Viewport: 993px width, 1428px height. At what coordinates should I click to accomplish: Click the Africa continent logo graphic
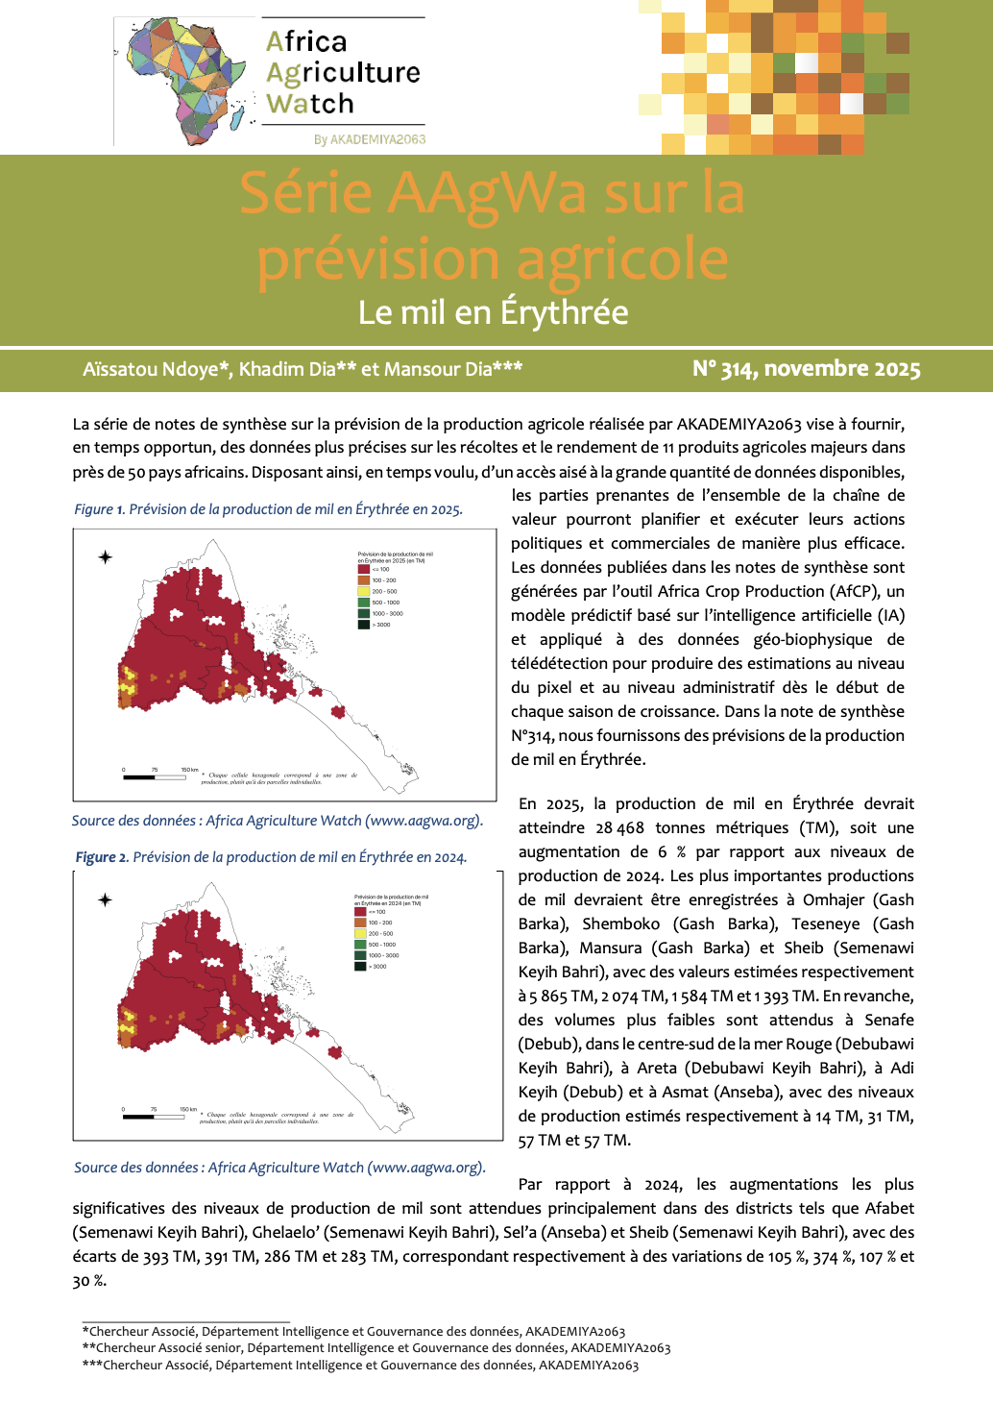point(184,81)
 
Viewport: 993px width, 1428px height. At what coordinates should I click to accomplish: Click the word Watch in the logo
point(310,104)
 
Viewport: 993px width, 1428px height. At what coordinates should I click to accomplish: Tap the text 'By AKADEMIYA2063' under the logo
point(370,139)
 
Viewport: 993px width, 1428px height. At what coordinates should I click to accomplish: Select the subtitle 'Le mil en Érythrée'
point(493,312)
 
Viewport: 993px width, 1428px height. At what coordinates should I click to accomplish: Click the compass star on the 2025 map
point(106,557)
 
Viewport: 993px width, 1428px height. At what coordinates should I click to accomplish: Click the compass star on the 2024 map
point(106,899)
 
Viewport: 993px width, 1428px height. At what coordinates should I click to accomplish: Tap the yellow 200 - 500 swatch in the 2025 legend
point(364,591)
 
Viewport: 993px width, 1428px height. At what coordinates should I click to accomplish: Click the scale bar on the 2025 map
point(154,777)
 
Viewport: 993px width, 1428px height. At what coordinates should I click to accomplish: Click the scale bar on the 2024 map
point(154,1117)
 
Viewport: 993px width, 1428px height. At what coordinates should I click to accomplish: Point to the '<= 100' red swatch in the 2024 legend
point(360,912)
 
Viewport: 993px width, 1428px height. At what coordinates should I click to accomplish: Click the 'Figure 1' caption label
point(99,509)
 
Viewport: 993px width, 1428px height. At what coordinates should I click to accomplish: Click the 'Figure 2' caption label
point(101,857)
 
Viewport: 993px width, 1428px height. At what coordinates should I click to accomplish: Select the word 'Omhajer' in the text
point(833,899)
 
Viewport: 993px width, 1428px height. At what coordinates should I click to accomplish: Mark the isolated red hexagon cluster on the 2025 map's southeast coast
point(338,711)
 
